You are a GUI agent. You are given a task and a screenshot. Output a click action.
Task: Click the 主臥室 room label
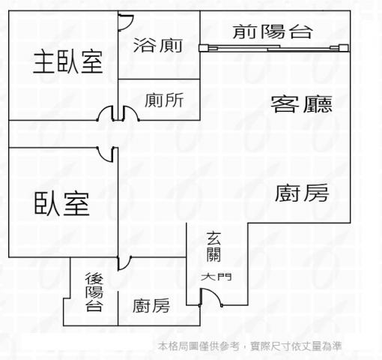pyautogui.click(x=68, y=62)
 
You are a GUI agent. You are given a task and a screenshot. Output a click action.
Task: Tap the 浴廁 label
pyautogui.click(x=158, y=45)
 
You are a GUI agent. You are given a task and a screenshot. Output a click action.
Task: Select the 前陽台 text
pyautogui.click(x=272, y=31)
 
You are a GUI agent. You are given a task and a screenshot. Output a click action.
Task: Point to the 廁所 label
pyautogui.click(x=164, y=100)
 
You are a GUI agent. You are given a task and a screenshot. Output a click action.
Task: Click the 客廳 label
pyautogui.click(x=302, y=104)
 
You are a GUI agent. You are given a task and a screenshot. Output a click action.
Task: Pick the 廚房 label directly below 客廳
pyautogui.click(x=302, y=193)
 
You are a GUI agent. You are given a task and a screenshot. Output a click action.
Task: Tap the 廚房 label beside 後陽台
pyautogui.click(x=151, y=305)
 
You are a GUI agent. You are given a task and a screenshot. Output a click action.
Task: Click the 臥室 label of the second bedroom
pyautogui.click(x=61, y=204)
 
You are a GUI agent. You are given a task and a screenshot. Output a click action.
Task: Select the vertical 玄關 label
pyautogui.click(x=213, y=247)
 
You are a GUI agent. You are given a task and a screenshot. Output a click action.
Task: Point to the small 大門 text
pyautogui.click(x=216, y=277)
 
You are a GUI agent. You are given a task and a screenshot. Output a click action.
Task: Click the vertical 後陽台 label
pyautogui.click(x=94, y=292)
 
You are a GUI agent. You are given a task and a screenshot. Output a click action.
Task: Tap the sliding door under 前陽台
pyautogui.click(x=273, y=48)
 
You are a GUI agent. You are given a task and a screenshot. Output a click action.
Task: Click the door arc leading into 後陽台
pyautogui.click(x=127, y=265)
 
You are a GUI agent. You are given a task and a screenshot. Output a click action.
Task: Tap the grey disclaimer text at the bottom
pyautogui.click(x=249, y=346)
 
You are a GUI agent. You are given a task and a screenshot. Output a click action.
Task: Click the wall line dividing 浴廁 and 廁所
pyautogui.click(x=159, y=79)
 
